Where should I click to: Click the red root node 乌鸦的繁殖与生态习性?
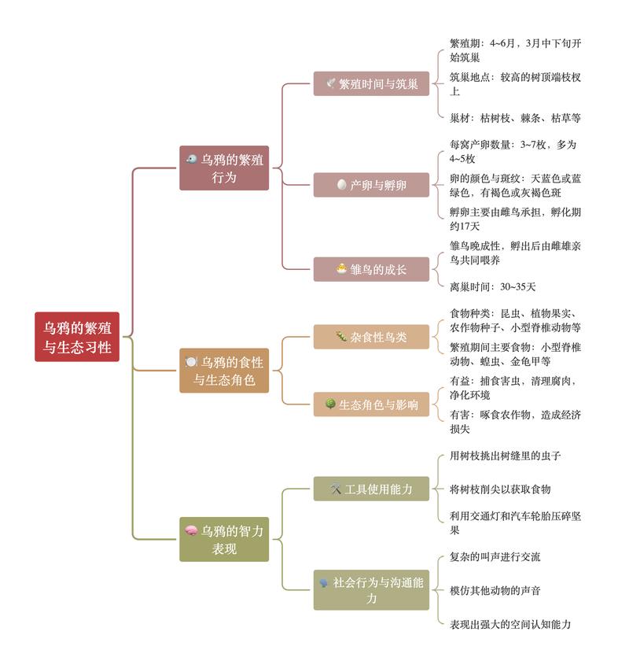(77, 337)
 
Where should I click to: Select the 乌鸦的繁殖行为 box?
(224, 168)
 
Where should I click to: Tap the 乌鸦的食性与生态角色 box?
(224, 371)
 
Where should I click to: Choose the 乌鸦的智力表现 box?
(224, 539)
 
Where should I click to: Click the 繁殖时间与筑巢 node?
(371, 84)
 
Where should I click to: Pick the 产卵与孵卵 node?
(371, 185)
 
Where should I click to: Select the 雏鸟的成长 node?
(371, 269)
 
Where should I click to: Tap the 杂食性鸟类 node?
(371, 337)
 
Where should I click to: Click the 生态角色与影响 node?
(371, 404)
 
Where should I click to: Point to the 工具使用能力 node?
(371, 489)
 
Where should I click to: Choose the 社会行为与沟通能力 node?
(371, 589)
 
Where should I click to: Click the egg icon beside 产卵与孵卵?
(342, 185)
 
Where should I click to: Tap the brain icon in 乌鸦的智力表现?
(191, 530)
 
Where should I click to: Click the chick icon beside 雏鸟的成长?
(342, 268)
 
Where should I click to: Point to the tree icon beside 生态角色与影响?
(330, 404)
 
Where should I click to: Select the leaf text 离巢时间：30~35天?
(492, 287)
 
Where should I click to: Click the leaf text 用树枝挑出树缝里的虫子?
(505, 456)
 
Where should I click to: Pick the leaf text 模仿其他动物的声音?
(495, 591)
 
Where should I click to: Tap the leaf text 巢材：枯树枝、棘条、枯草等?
(515, 118)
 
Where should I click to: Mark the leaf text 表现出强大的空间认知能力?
(510, 624)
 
